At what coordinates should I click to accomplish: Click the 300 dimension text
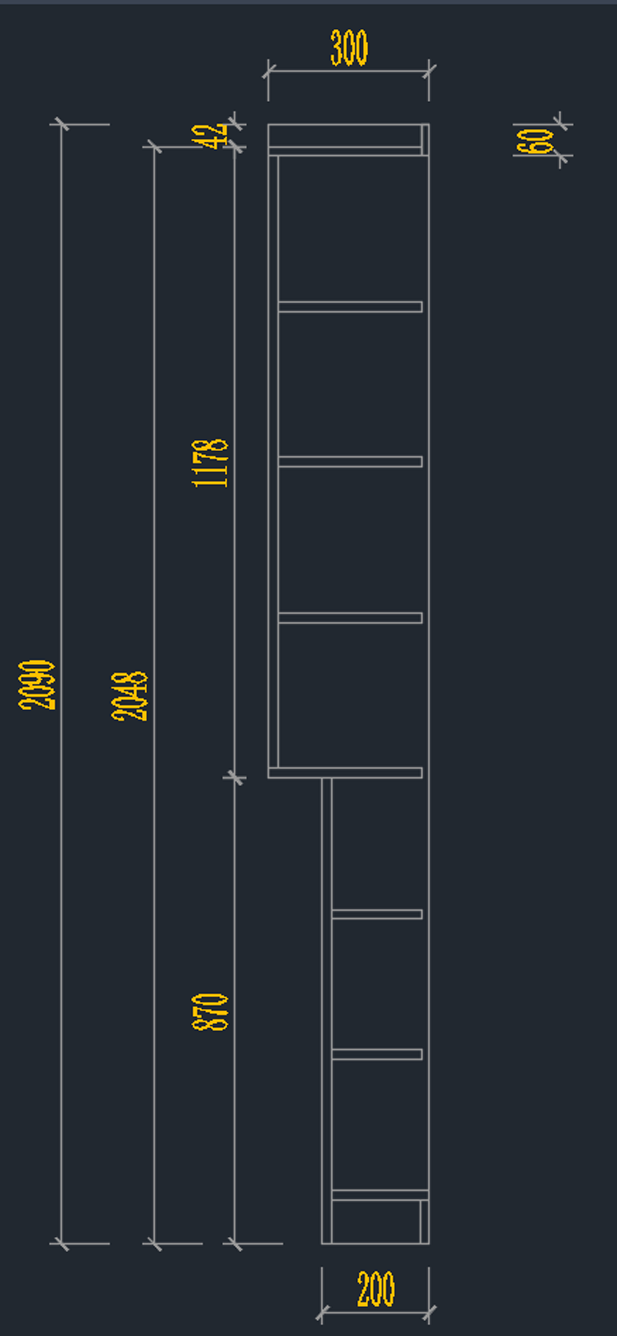349,48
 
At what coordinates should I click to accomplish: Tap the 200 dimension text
376,1288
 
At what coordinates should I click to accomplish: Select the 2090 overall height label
37,684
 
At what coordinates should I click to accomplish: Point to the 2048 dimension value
129,696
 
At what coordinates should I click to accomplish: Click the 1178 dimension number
210,463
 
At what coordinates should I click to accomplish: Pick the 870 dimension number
210,1012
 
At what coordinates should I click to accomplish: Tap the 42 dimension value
210,136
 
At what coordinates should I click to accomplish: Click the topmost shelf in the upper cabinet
350,307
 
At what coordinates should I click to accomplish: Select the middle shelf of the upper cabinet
350,461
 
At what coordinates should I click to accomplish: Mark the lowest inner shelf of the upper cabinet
350,618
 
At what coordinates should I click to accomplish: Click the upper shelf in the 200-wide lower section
377,914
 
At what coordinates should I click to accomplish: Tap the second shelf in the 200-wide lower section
377,1054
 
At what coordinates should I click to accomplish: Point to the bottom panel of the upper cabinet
345,773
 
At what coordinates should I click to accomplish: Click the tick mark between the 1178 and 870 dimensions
234,778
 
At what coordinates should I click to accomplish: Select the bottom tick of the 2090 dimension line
61,1244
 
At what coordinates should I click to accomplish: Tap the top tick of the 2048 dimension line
154,147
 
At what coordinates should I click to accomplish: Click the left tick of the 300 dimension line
268,71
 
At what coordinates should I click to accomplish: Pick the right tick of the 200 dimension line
429,1313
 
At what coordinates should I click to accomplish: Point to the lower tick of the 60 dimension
560,155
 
